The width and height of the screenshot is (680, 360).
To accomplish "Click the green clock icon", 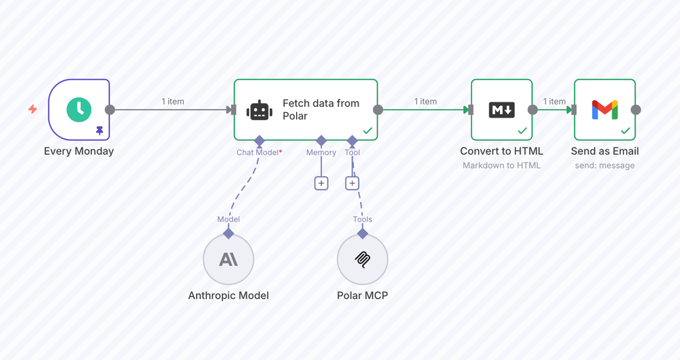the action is [79, 110].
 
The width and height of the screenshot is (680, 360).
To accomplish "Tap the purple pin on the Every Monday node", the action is [100, 130].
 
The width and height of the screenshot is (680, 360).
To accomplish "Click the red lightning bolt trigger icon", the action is [33, 109].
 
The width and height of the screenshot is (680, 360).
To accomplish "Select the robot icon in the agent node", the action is [260, 110].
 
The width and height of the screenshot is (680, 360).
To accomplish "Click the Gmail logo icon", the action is [604, 110].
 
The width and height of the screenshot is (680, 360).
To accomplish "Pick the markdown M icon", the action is [502, 110].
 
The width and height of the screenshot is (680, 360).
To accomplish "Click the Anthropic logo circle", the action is [228, 260].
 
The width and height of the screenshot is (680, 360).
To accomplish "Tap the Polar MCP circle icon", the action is [363, 260].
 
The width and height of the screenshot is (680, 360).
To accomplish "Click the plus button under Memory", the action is [321, 183].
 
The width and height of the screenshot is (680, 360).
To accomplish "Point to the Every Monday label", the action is [78, 151].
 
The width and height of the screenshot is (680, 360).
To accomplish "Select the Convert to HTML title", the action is [501, 151].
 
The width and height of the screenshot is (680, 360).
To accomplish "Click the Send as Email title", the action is [604, 151].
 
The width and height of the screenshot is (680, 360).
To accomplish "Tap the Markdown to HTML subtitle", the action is [501, 165].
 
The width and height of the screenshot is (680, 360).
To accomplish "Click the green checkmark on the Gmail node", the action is [626, 131].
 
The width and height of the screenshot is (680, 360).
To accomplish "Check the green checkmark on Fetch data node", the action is [368, 131].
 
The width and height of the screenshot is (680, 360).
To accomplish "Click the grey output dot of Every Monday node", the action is [110, 110].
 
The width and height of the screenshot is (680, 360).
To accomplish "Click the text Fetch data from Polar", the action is [321, 110].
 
